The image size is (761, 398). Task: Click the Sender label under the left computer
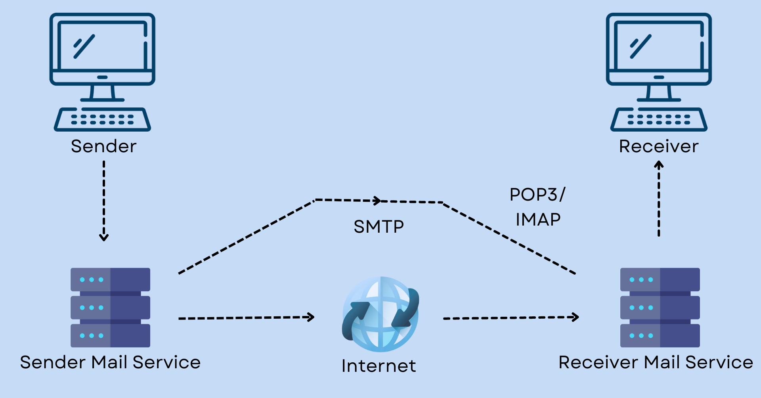(x=103, y=146)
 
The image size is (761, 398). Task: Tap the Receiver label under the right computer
(x=659, y=146)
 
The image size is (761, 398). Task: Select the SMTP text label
(x=379, y=227)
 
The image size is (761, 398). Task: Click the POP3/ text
(x=537, y=195)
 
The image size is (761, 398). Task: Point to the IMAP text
(x=538, y=220)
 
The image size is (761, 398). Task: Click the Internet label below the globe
(x=379, y=366)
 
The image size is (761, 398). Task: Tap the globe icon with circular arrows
(x=380, y=314)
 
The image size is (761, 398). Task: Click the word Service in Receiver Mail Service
(x=719, y=362)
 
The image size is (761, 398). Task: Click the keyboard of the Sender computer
(x=102, y=119)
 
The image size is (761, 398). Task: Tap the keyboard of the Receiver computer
(x=659, y=119)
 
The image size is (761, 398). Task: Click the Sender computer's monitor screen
(x=102, y=46)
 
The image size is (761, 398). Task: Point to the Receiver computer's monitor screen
(x=659, y=46)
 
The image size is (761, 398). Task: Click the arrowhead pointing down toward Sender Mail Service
(x=104, y=237)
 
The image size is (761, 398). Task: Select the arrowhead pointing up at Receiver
(x=659, y=164)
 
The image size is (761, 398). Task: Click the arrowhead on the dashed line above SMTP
(x=378, y=201)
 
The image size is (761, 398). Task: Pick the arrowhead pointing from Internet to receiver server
(x=576, y=317)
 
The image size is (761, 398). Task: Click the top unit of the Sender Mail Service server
(x=110, y=279)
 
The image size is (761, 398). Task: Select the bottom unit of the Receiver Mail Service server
(x=660, y=335)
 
